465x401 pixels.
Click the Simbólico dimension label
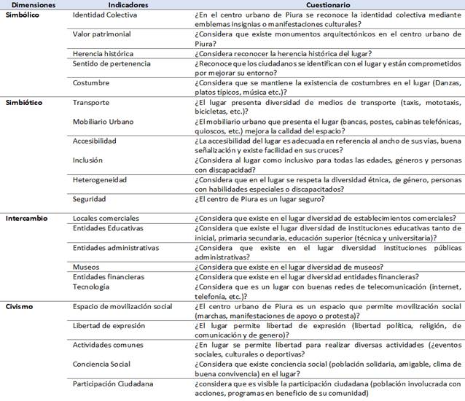pos(22,15)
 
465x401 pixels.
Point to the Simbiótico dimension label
pos(23,103)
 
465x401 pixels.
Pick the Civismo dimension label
pos(19,306)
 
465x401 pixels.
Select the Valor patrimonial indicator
pos(103,34)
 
